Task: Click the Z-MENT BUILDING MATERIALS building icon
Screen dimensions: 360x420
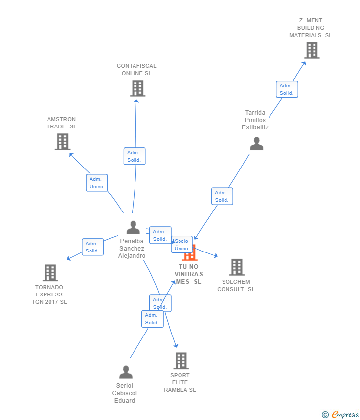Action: (312, 50)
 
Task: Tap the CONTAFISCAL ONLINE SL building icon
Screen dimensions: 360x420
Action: (137, 88)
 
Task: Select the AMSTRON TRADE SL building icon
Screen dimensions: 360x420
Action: (62, 142)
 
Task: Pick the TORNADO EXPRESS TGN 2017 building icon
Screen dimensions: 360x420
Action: (50, 273)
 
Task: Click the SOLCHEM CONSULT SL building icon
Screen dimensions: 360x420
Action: (237, 267)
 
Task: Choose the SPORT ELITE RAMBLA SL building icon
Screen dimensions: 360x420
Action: (181, 361)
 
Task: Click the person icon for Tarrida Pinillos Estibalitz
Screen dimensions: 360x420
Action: (257, 144)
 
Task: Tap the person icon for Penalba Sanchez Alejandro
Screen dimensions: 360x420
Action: (133, 227)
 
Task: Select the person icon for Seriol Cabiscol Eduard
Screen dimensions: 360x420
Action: (126, 372)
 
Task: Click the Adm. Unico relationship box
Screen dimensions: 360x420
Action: (97, 183)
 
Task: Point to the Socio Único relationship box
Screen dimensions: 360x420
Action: (182, 244)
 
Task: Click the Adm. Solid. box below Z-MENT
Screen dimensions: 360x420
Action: (287, 89)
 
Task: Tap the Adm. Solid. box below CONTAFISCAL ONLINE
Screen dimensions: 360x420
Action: (135, 156)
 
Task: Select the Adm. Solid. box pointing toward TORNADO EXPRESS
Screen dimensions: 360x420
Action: (93, 247)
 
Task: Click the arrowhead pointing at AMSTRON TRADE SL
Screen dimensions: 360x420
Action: (71, 155)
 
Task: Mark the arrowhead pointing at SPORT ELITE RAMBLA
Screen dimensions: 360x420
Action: (176, 346)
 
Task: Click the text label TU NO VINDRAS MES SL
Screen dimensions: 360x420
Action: (189, 274)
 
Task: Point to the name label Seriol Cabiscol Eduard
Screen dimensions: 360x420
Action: (125, 393)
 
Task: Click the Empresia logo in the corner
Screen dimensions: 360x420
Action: (340, 415)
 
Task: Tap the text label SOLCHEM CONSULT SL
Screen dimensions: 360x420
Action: (236, 285)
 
